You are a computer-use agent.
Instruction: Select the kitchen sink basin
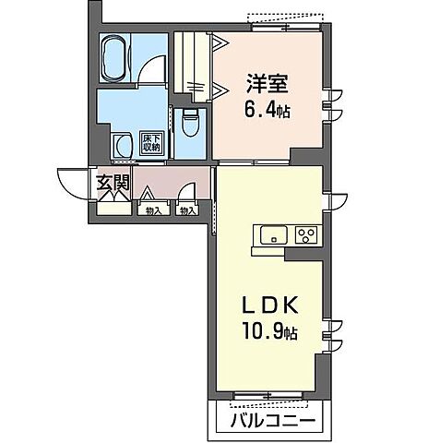point(273,236)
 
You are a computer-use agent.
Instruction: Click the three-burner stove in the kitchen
point(305,235)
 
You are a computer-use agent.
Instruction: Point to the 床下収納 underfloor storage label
point(149,141)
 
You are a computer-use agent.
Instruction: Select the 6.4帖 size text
point(269,111)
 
